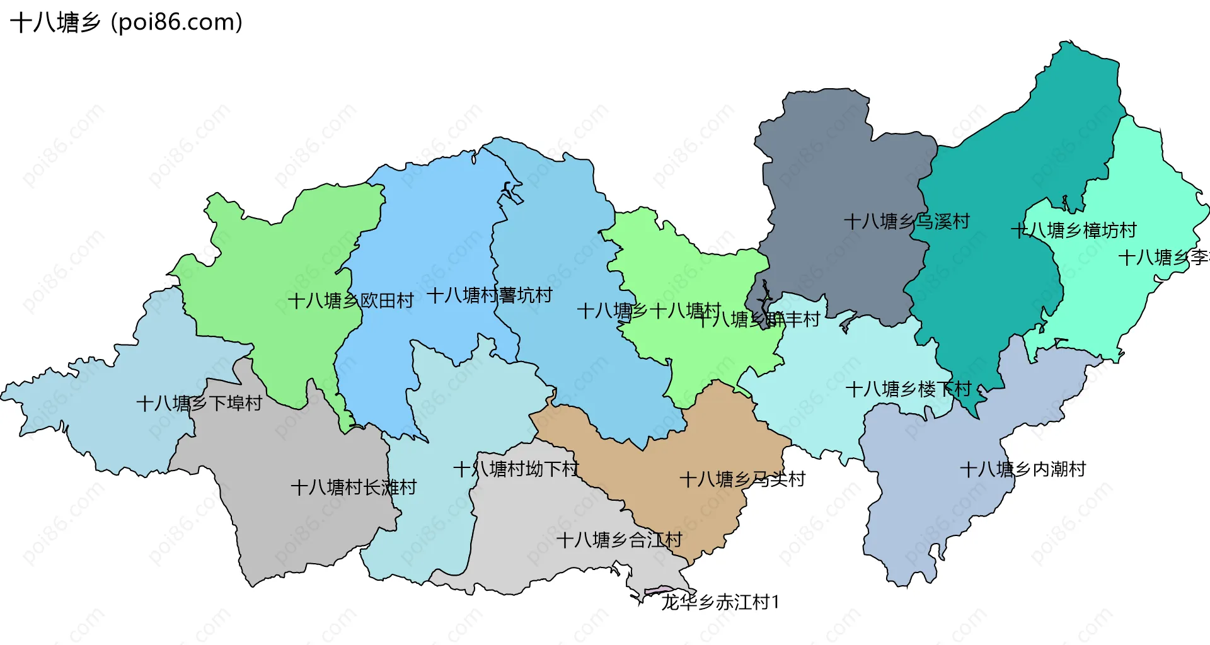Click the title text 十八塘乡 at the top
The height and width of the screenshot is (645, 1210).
pyautogui.click(x=55, y=23)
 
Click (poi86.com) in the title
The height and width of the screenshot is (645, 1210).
pyautogui.click(x=176, y=23)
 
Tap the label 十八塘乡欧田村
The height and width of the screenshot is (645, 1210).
pyautogui.click(x=350, y=300)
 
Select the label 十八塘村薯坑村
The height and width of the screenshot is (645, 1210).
pyautogui.click(x=490, y=295)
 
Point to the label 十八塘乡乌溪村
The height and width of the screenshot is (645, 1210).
pyautogui.click(x=906, y=221)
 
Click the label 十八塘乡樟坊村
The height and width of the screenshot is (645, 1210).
pyautogui.click(x=1073, y=230)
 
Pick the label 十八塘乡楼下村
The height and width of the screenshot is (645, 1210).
pyautogui.click(x=907, y=389)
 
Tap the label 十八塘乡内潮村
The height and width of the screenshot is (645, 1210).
pyautogui.click(x=1022, y=469)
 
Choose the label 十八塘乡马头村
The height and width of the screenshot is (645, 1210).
pyautogui.click(x=742, y=479)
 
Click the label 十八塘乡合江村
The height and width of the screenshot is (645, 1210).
pyautogui.click(x=619, y=540)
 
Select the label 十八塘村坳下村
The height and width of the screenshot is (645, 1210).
pyautogui.click(x=516, y=469)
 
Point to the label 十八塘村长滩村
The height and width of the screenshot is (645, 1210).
pyautogui.click(x=354, y=487)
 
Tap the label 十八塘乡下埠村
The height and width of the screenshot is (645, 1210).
pyautogui.click(x=199, y=403)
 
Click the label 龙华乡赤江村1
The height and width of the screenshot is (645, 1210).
pyautogui.click(x=720, y=602)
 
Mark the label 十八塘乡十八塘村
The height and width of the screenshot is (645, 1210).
pyautogui.click(x=648, y=311)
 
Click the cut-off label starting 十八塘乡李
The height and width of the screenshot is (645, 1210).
pyautogui.click(x=1163, y=257)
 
